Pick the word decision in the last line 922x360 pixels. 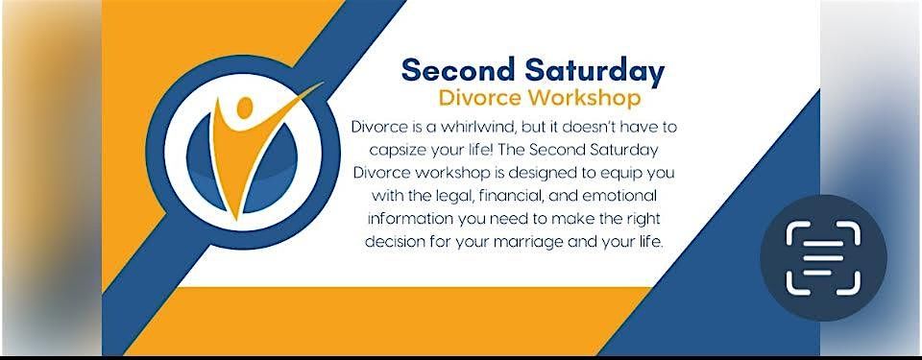[x=392, y=242]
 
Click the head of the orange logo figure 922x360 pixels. [x=245, y=107]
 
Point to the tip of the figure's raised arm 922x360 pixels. [x=323, y=84]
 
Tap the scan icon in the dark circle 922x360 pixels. [x=823, y=257]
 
